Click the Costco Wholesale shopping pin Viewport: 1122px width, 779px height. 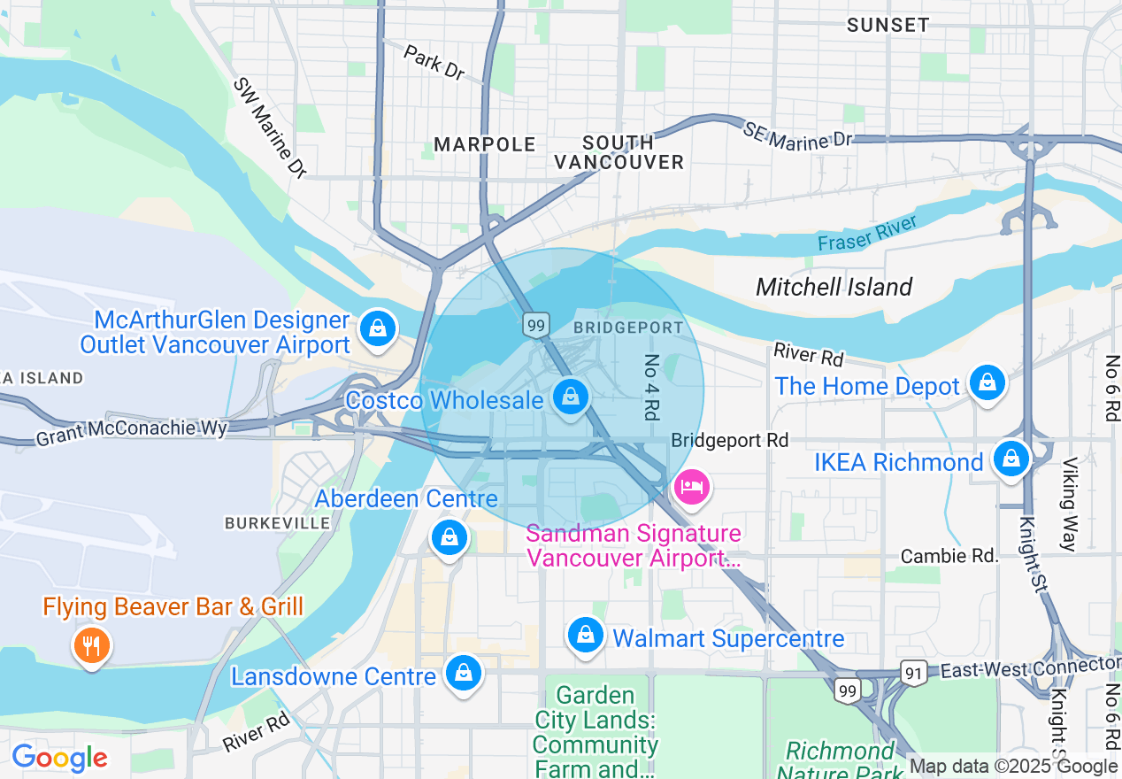click(x=572, y=397)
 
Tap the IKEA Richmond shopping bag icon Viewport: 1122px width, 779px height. click(x=1010, y=459)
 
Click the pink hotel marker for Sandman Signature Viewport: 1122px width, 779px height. click(x=692, y=487)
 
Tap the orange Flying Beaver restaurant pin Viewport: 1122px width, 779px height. click(x=91, y=644)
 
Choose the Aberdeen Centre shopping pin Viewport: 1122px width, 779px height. click(x=450, y=536)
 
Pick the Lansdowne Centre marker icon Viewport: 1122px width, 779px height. click(x=463, y=673)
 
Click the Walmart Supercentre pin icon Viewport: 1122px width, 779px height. click(x=585, y=635)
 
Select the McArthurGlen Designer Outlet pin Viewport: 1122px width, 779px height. click(x=378, y=328)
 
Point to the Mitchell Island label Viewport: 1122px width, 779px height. click(x=834, y=287)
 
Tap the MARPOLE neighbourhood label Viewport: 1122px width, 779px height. click(x=486, y=144)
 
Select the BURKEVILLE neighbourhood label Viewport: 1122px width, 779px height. click(x=277, y=523)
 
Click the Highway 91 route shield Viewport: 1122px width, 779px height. click(x=915, y=673)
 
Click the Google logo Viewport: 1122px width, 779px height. click(x=58, y=758)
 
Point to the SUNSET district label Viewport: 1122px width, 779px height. click(x=888, y=25)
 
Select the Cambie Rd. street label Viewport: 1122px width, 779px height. click(x=949, y=556)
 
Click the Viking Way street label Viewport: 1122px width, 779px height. click(x=1071, y=504)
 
